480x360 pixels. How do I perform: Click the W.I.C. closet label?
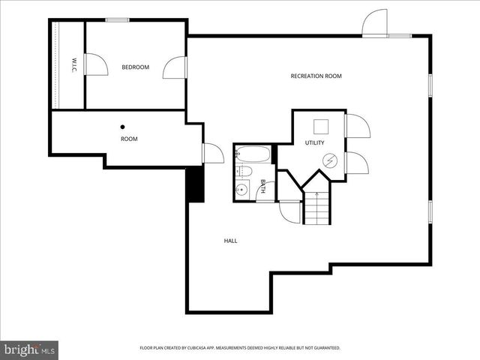74,65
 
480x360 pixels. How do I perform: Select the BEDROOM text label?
136,67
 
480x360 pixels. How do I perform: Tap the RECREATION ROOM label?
316,76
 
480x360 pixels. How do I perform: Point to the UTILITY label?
313,142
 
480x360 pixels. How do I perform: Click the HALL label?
230,241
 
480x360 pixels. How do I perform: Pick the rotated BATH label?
262,185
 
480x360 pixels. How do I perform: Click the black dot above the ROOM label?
123,127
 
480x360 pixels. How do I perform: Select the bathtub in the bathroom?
252,154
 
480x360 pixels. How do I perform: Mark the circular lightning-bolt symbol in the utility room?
329,160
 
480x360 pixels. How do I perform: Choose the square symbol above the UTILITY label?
321,126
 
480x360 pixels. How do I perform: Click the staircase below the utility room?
316,208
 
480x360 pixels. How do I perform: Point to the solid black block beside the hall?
194,184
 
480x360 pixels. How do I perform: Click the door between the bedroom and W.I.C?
96,64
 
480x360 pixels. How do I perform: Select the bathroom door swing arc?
262,191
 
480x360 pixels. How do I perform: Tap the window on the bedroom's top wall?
115,19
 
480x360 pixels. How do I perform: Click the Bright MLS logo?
29,349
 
